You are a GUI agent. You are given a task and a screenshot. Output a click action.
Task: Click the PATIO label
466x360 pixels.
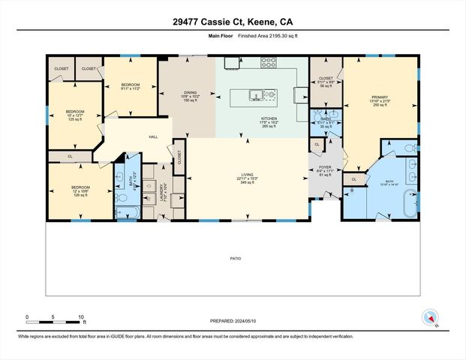pos(235,258)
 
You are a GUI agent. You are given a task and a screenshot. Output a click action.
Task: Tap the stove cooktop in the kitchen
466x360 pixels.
pos(269,64)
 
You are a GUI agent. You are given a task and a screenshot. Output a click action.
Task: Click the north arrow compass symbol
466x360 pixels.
pos(430,318)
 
